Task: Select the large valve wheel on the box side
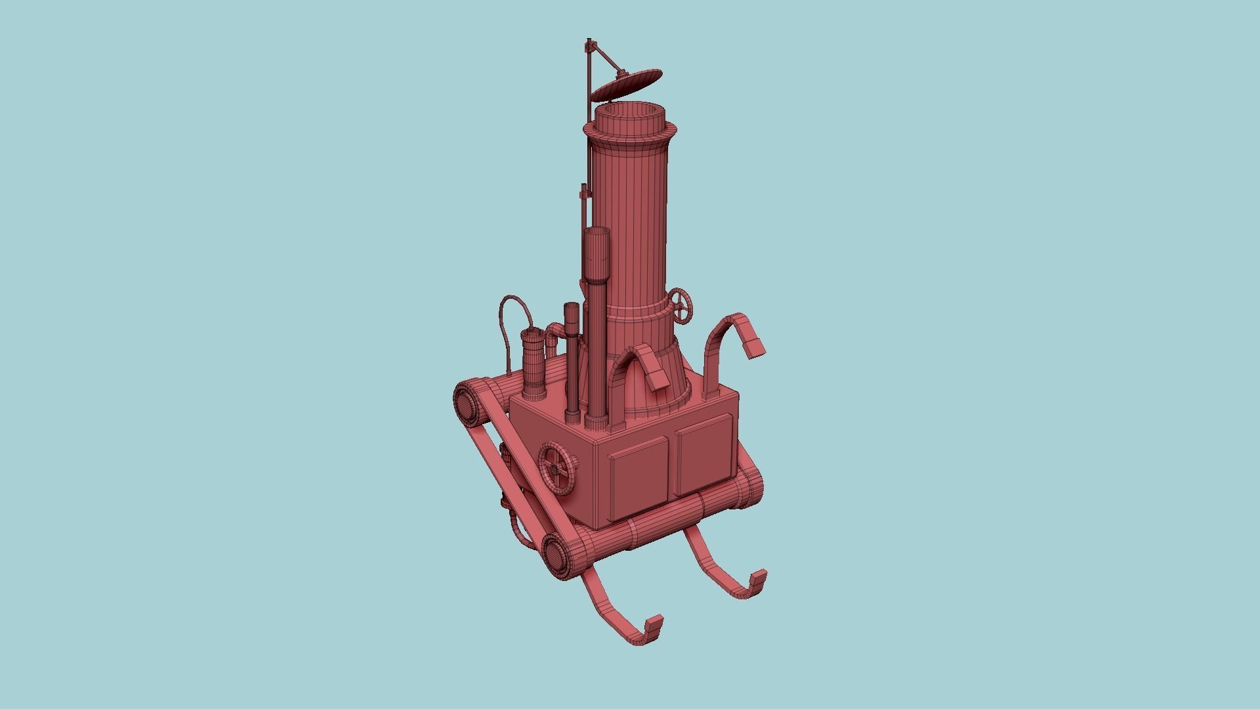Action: click(x=556, y=467)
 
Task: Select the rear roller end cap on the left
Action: click(x=467, y=404)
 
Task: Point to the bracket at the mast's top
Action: click(x=591, y=47)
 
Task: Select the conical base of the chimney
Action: click(x=656, y=387)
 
